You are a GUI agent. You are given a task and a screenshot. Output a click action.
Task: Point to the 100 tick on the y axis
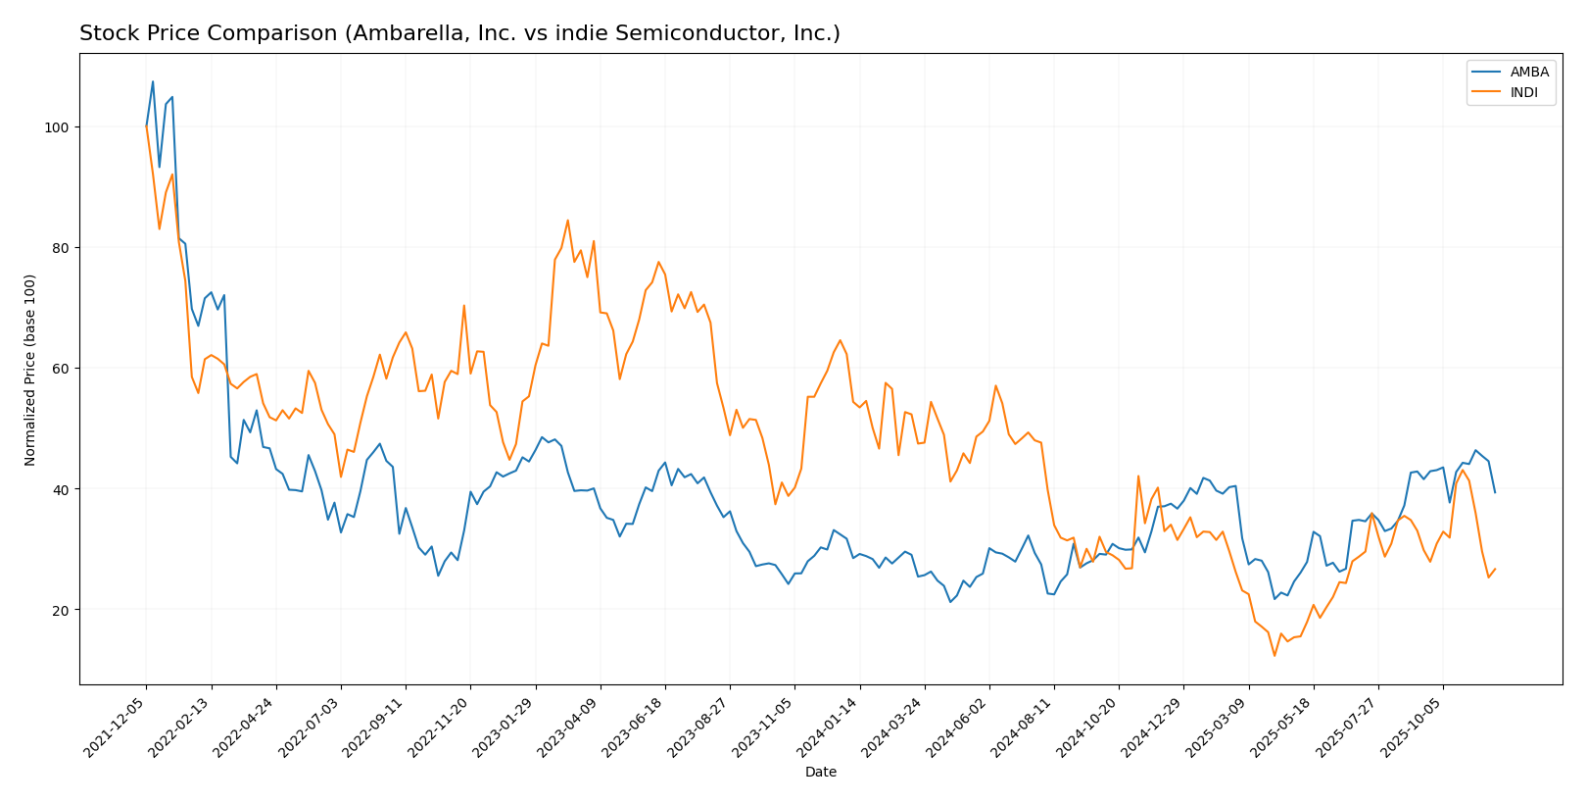pyautogui.click(x=60, y=127)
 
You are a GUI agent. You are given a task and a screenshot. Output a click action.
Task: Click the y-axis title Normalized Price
pyautogui.click(x=30, y=370)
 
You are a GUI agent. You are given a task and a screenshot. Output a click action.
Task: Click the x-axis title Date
pyautogui.click(x=820, y=773)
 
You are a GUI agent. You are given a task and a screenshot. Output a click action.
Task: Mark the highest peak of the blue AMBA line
pyautogui.click(x=153, y=81)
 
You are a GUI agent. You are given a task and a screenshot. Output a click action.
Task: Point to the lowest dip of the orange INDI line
pyautogui.click(x=1274, y=656)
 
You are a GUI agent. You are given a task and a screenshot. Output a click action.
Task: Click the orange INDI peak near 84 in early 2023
pyautogui.click(x=567, y=220)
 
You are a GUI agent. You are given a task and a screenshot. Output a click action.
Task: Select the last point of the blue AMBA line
pyautogui.click(x=1495, y=492)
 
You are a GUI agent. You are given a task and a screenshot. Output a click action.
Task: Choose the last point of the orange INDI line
pyautogui.click(x=1495, y=569)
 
